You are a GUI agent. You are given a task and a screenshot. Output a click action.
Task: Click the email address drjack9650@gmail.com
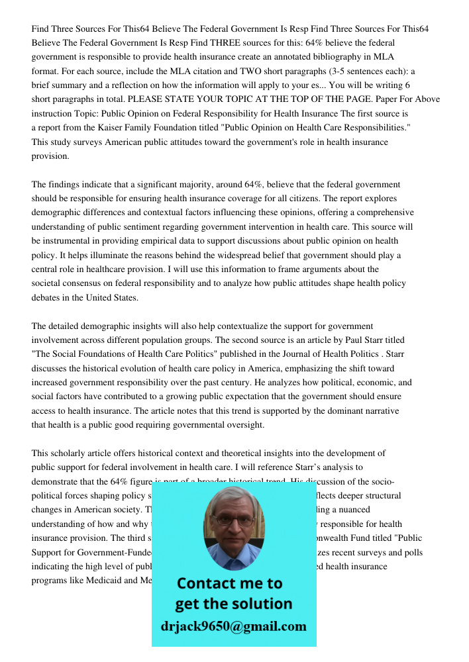pyautogui.click(x=234, y=626)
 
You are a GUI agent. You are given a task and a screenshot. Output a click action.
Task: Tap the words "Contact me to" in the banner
pyautogui.click(x=229, y=583)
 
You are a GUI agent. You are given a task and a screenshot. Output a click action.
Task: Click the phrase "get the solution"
pyautogui.click(x=233, y=604)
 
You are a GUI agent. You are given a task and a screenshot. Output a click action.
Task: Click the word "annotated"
pyautogui.click(x=289, y=57)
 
